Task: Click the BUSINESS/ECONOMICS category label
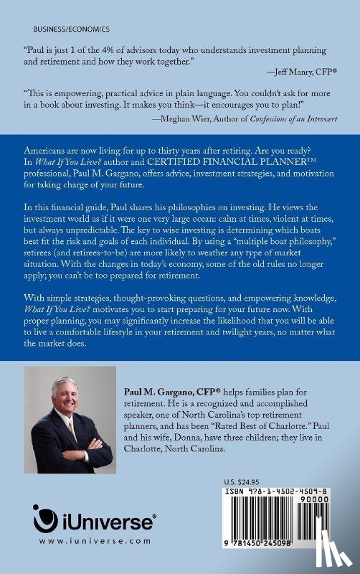(72, 30)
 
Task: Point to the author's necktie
(72, 430)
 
